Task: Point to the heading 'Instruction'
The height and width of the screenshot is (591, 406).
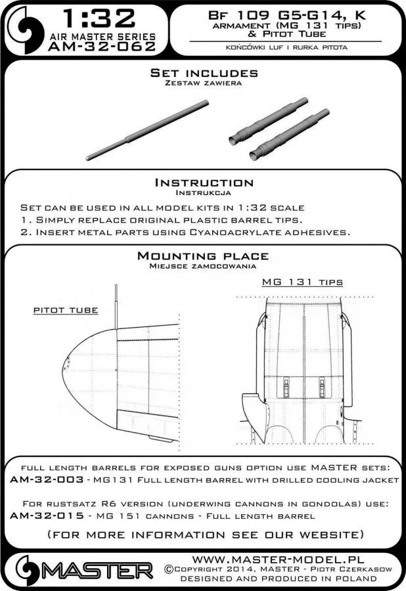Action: pos(203,183)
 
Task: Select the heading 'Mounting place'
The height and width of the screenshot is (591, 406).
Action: pos(203,256)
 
